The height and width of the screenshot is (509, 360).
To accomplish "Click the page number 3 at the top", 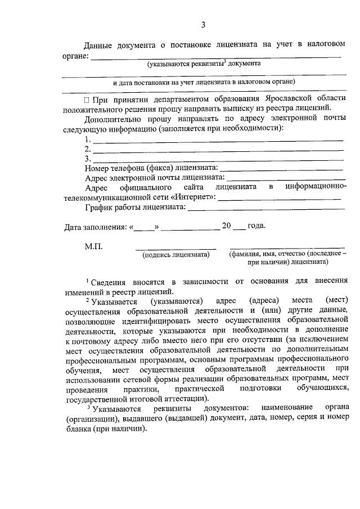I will click(x=204, y=24).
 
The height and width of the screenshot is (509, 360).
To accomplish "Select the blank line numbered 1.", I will click(x=218, y=139).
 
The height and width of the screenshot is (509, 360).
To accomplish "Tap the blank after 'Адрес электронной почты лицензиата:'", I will click(x=285, y=178).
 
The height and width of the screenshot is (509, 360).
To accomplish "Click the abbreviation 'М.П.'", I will click(x=94, y=246).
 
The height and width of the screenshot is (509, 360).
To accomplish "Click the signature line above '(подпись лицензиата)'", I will click(x=175, y=248).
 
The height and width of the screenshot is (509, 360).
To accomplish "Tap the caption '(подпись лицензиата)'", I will click(x=176, y=255).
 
